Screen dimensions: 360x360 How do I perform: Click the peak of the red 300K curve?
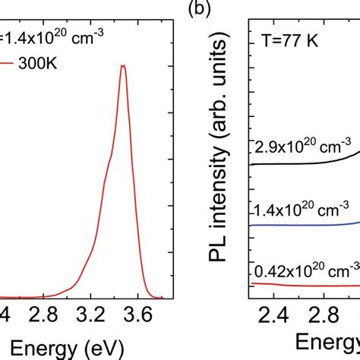[x=122, y=65]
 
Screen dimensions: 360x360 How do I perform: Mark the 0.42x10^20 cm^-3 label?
[x=305, y=269]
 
